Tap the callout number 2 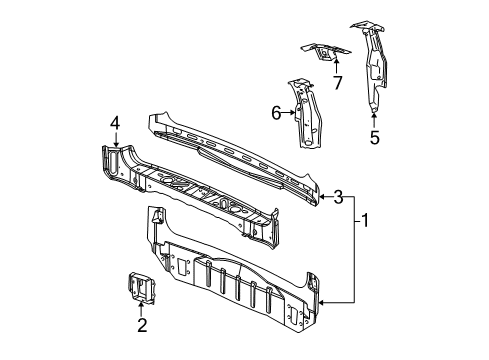[x=142, y=325]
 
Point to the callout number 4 [x=115, y=124]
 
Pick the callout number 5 [x=374, y=138]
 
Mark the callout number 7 [x=337, y=82]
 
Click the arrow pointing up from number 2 [x=142, y=306]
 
